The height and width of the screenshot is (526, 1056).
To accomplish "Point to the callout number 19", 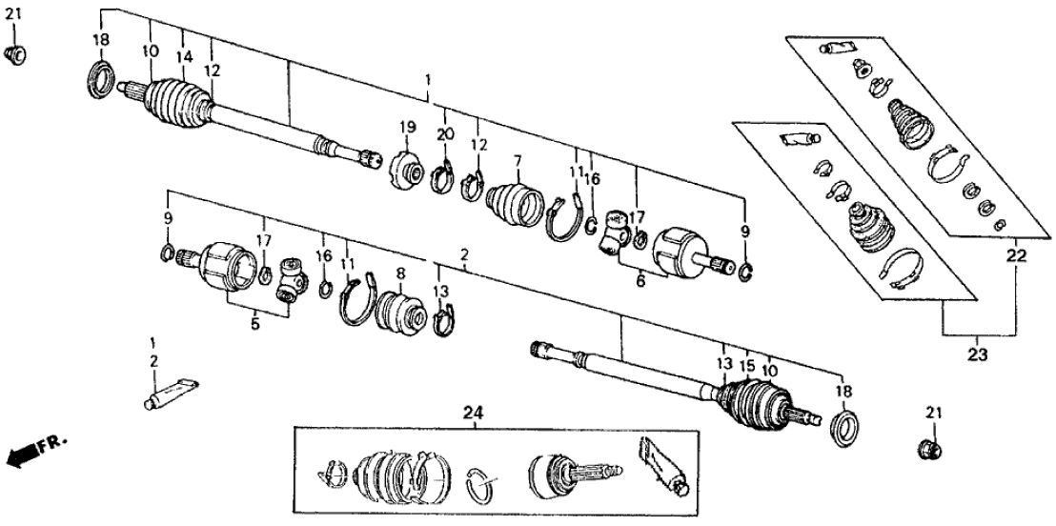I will pyautogui.click(x=408, y=128).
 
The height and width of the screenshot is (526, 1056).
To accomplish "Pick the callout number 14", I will pyautogui.click(x=182, y=57).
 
